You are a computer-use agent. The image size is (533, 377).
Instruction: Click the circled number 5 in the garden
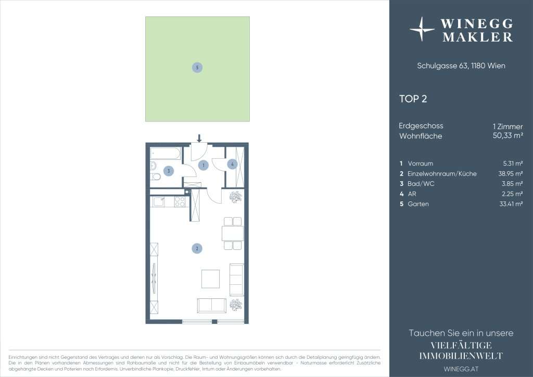click(x=197, y=67)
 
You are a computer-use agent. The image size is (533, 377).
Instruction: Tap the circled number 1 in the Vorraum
click(x=204, y=165)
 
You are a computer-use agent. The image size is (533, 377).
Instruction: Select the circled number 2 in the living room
click(x=197, y=248)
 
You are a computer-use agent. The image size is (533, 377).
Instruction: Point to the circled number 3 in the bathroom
click(x=169, y=171)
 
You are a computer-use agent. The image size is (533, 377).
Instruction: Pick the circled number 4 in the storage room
click(x=232, y=164)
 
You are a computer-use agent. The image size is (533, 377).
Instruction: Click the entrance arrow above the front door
click(x=199, y=137)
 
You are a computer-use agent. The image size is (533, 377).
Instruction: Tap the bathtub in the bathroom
click(x=165, y=154)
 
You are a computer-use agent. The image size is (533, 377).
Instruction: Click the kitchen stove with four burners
click(x=180, y=202)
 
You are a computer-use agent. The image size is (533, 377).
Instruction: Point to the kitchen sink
click(x=159, y=202)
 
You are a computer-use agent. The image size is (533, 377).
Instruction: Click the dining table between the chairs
click(x=233, y=234)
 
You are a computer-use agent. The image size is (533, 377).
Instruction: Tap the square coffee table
click(x=210, y=279)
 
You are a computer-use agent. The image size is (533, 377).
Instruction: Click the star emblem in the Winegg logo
click(x=422, y=29)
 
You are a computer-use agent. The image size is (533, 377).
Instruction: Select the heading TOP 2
click(x=413, y=99)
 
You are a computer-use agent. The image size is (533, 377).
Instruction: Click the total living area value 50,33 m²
click(x=508, y=135)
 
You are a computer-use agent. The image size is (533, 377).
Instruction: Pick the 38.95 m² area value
click(x=511, y=173)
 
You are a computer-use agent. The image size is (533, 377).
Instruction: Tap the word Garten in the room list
click(x=418, y=204)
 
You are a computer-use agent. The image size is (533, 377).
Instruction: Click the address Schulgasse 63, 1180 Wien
click(x=461, y=66)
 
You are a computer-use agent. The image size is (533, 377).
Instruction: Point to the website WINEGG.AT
click(x=461, y=369)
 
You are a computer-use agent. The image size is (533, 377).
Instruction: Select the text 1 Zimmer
click(x=508, y=127)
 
